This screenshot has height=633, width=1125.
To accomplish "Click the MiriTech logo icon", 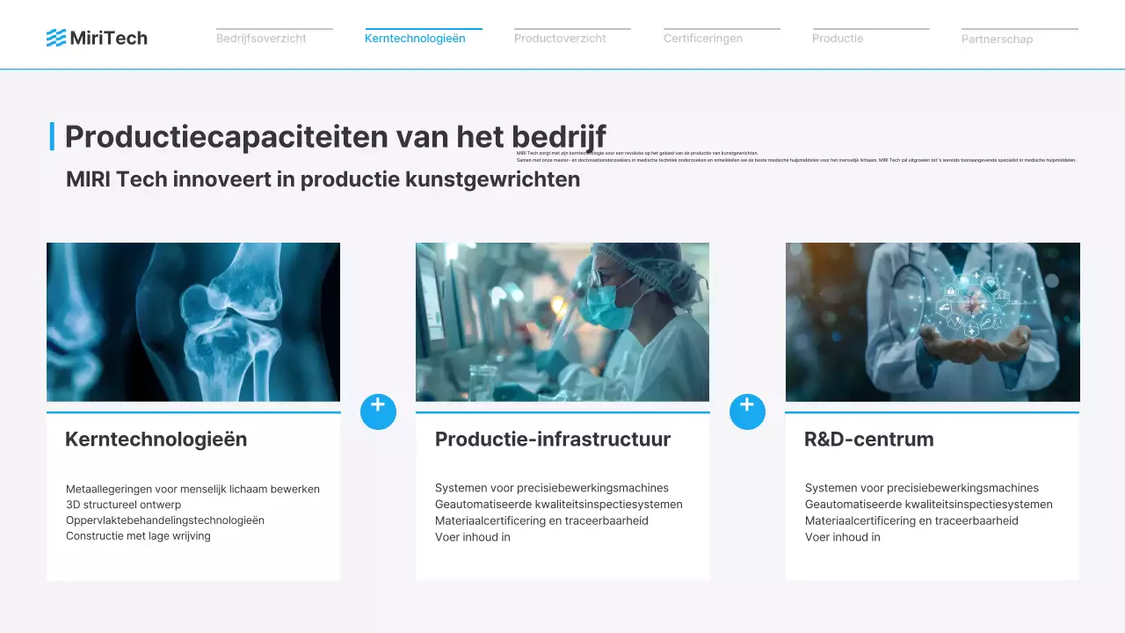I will coord(56,38).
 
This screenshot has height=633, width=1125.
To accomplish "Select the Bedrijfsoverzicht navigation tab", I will coord(261,39).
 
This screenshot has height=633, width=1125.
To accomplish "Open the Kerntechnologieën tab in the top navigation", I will coord(415,39).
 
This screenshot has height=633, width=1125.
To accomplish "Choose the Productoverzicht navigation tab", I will coord(560,39).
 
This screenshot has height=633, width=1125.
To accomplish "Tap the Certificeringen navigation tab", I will coord(702,39).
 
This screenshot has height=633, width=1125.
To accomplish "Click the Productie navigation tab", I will coord(838,39).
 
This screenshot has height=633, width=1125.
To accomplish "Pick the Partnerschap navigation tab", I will coord(997,40).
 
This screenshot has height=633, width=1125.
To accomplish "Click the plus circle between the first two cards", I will coord(378,411).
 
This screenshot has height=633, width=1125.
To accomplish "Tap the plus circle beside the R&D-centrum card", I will coord(747,411).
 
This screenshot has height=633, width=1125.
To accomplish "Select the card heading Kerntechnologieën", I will coord(156,440).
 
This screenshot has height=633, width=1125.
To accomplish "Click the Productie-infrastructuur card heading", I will coord(552,440).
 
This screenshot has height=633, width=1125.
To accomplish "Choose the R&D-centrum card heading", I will coord(868,440).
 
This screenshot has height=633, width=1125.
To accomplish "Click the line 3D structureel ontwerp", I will coord(123,505).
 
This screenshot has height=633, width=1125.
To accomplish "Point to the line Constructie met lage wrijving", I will coord(138,536).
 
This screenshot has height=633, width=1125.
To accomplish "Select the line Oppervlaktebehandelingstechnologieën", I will coord(164,520).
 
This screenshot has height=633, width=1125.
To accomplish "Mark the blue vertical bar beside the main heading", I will coord(52,137).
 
